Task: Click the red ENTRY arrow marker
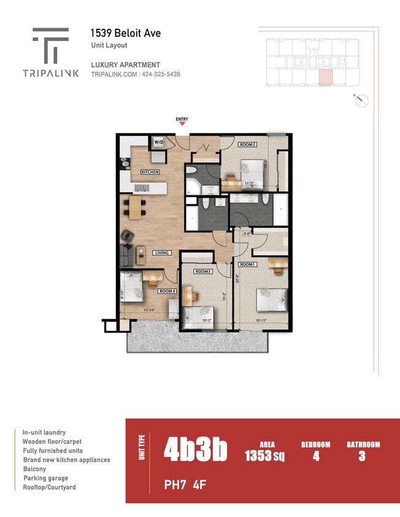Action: click(182, 124)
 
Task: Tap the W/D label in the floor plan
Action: click(158, 142)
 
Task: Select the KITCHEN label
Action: click(150, 172)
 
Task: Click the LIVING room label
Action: click(161, 252)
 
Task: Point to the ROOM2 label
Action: click(247, 145)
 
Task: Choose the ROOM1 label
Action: click(247, 264)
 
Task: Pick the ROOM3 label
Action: click(203, 271)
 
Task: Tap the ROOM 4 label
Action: click(166, 291)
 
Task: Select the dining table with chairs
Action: click(135, 206)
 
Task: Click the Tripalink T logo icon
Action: click(50, 45)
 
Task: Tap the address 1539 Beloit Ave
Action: click(125, 33)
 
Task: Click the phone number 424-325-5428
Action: click(161, 74)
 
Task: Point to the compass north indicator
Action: click(362, 101)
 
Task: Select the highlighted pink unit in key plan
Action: click(326, 77)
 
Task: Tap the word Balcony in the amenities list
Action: click(34, 469)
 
